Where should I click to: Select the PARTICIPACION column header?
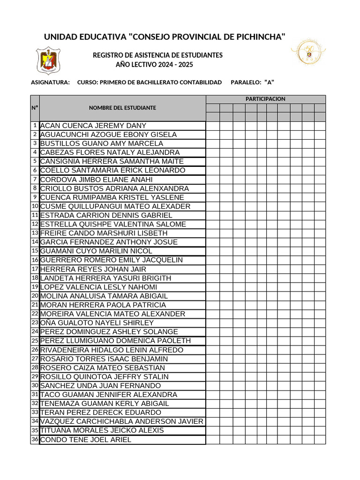point(265,99)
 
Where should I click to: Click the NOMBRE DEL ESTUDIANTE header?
point(122,108)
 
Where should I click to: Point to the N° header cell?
point(35,108)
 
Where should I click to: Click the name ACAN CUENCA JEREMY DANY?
point(93,126)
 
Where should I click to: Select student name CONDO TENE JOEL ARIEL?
point(86,440)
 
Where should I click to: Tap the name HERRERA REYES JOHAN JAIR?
point(93,269)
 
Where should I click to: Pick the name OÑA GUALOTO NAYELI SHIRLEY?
point(97,323)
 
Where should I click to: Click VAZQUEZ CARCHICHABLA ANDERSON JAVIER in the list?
point(122,421)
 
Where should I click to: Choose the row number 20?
point(35,296)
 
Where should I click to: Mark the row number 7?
point(35,180)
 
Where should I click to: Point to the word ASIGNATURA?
point(50,82)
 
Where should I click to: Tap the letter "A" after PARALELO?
point(269,82)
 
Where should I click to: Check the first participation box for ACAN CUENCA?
point(213,126)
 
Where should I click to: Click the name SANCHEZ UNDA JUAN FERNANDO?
point(100,386)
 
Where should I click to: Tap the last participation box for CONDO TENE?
point(320,440)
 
